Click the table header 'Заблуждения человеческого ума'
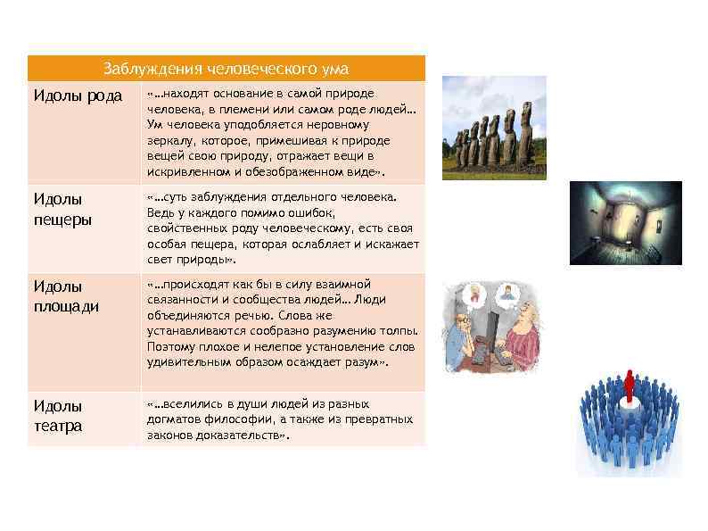click(226, 69)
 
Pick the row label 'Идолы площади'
click(66, 295)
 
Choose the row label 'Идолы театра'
click(58, 415)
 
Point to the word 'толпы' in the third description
click(398, 331)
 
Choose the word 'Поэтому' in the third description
click(171, 347)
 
